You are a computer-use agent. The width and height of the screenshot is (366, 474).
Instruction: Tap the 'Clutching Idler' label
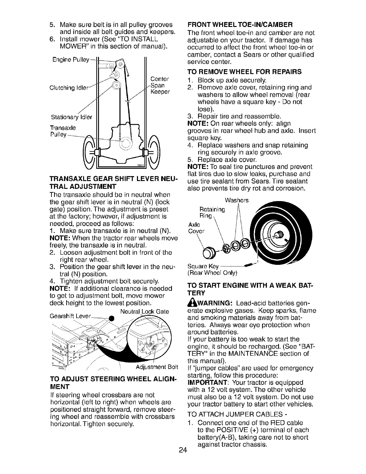click(68, 88)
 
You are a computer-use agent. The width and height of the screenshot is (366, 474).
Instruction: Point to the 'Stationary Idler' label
click(68, 116)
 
